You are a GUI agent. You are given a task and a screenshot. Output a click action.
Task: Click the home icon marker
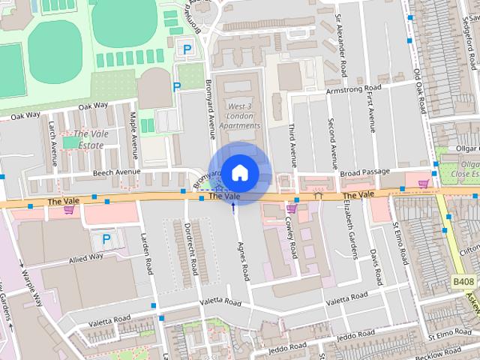(239, 172)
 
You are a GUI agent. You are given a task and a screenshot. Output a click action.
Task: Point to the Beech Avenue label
(117, 172)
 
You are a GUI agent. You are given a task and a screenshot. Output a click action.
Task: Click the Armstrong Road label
(354, 89)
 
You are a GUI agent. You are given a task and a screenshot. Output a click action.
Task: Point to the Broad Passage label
(365, 172)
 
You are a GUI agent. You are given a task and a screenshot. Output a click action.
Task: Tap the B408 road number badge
(463, 280)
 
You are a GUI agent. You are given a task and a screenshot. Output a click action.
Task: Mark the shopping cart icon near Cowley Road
(291, 209)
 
